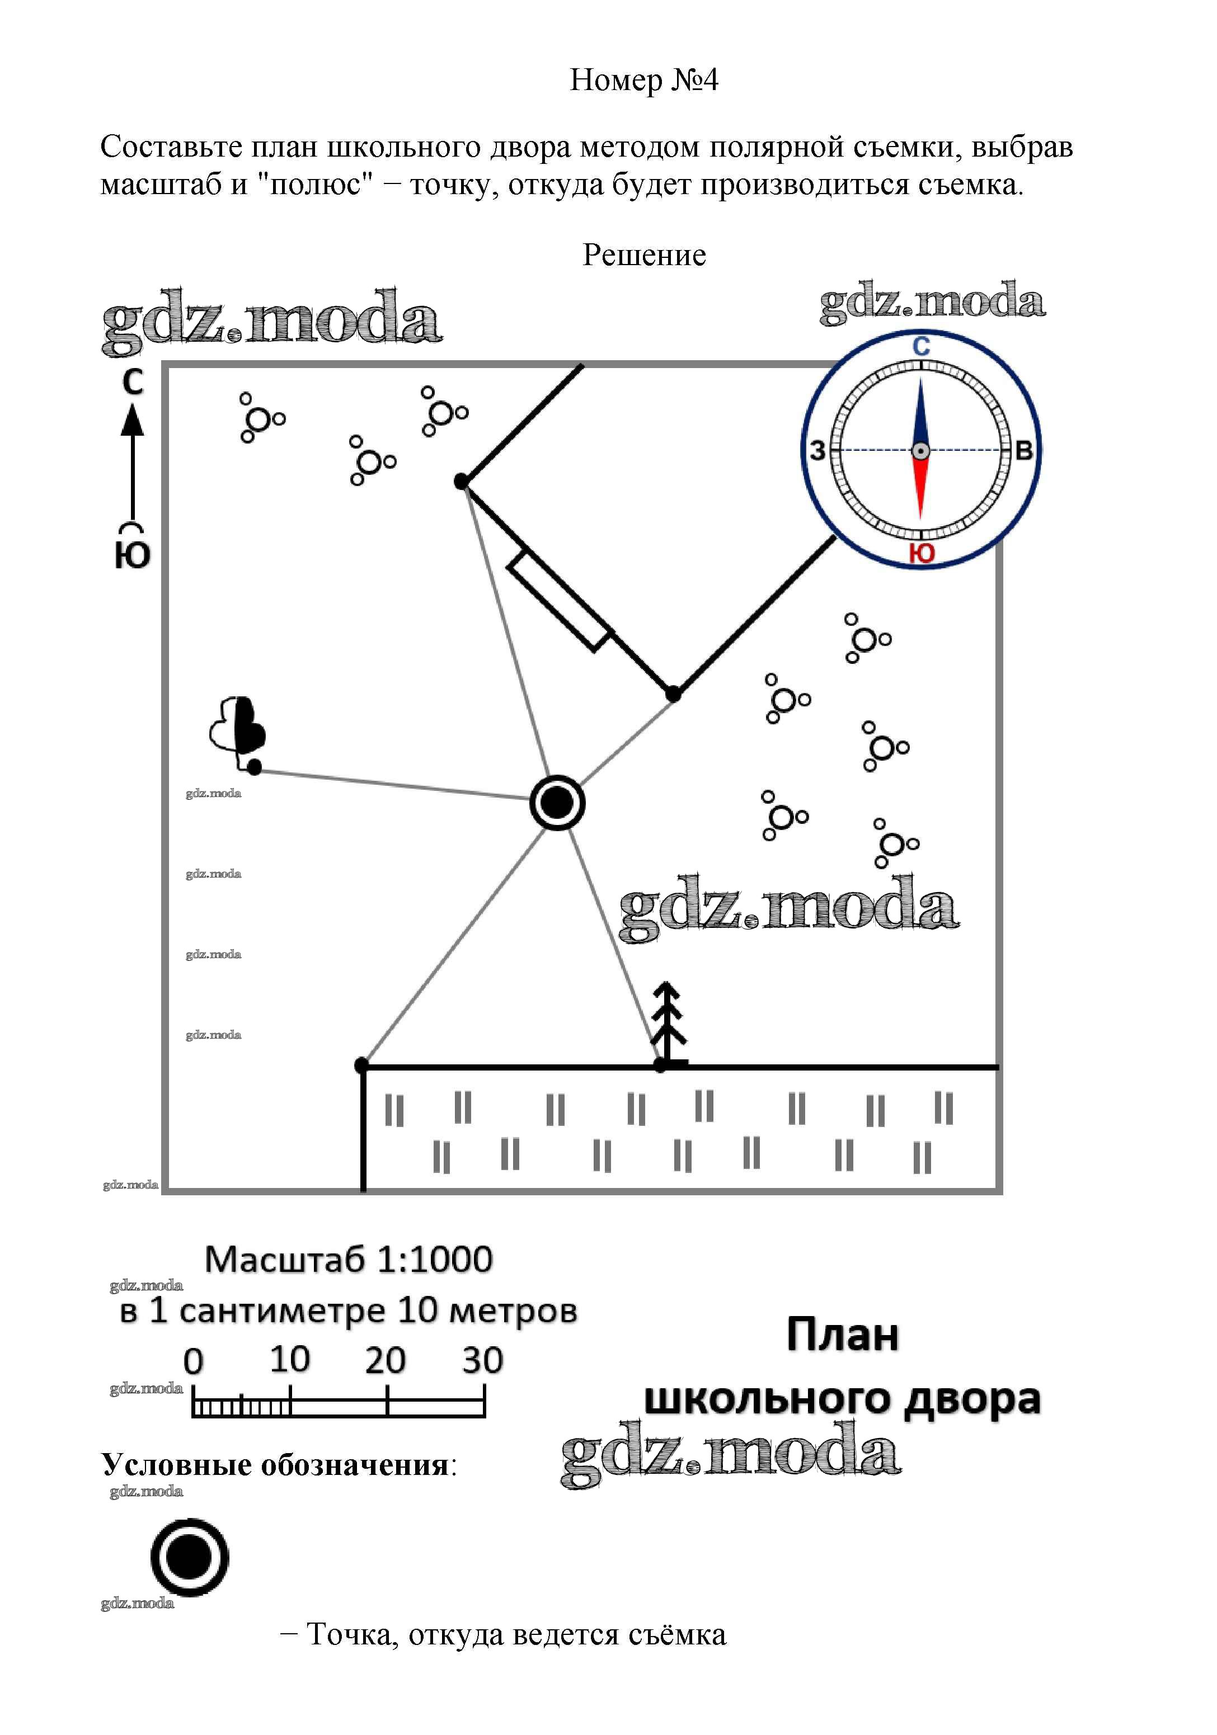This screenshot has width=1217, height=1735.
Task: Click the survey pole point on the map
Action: pyautogui.click(x=557, y=803)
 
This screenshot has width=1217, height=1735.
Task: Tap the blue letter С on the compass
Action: pyautogui.click(x=920, y=347)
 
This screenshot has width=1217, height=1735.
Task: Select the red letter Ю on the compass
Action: pyautogui.click(x=922, y=553)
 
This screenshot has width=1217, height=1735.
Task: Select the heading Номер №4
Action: pyautogui.click(x=644, y=79)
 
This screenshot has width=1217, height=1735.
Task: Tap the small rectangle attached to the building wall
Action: pyautogui.click(x=560, y=601)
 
